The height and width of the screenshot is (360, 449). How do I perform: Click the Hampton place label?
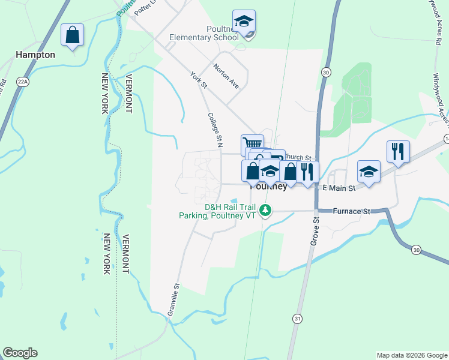click(x=35, y=55)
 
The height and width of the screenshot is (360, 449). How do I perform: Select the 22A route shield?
click(x=23, y=82)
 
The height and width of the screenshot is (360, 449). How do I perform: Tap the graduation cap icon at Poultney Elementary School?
click(x=244, y=22)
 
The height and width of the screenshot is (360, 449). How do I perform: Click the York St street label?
click(x=198, y=81)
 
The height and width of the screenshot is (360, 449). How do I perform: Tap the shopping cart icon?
click(x=252, y=145)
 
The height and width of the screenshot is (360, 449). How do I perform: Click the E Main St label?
click(x=339, y=188)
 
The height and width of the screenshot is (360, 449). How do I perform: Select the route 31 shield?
click(x=298, y=319)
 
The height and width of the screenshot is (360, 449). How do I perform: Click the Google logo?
click(x=20, y=353)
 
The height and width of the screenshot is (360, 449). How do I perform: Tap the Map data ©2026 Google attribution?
click(x=411, y=355)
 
